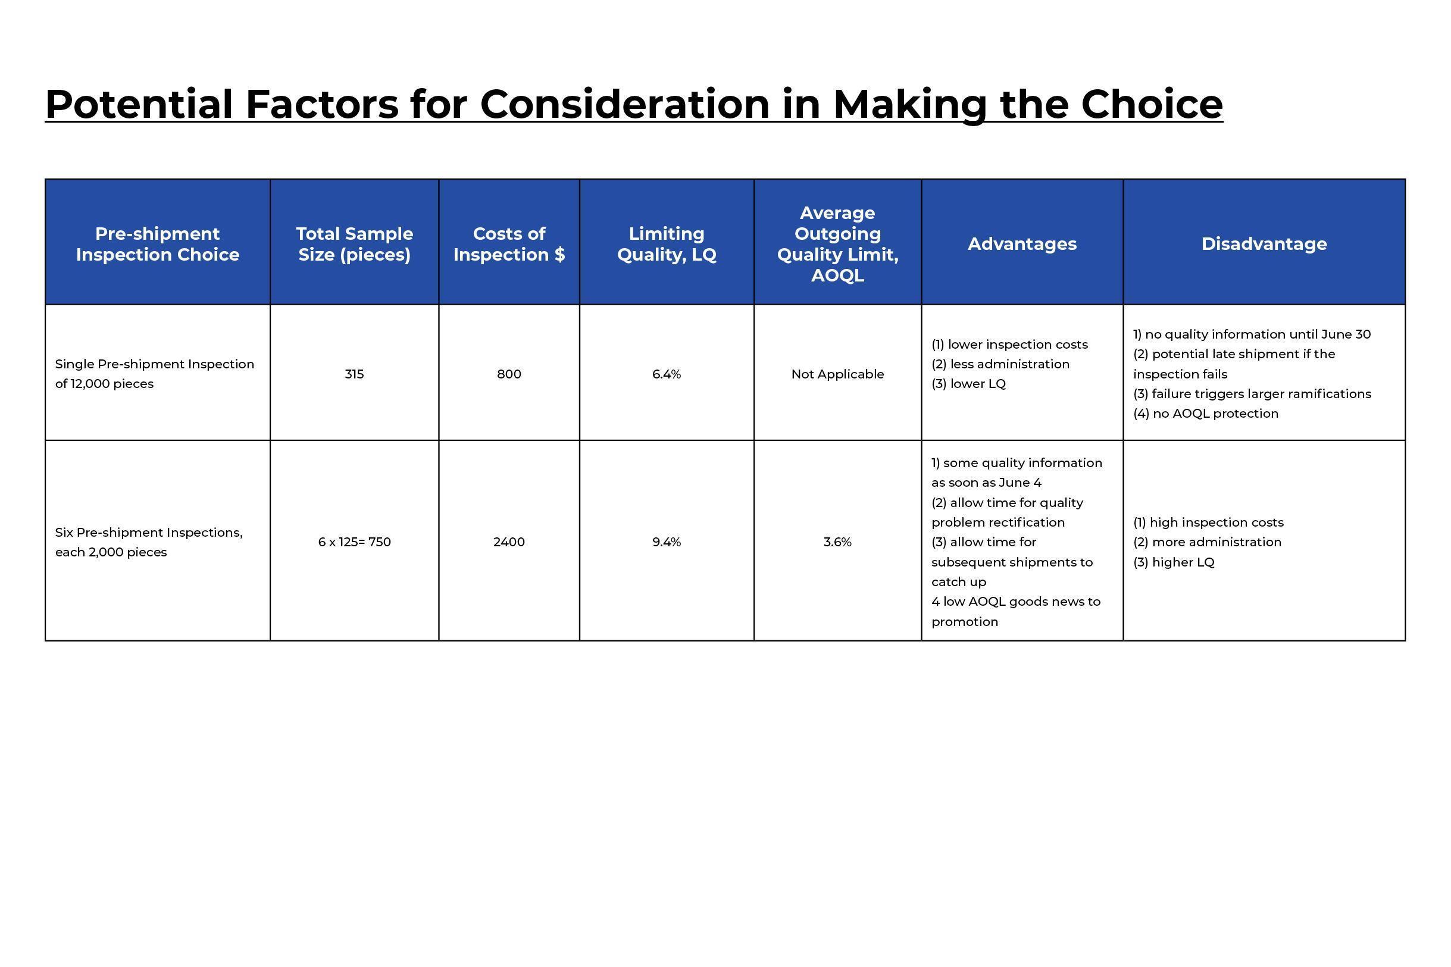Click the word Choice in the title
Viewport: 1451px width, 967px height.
pyautogui.click(x=1151, y=104)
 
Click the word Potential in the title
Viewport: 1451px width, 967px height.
pyautogui.click(x=139, y=104)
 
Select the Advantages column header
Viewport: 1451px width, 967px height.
pyautogui.click(x=1022, y=243)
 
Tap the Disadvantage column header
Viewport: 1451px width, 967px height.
pyautogui.click(x=1264, y=243)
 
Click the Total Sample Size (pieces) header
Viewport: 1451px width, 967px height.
pyautogui.click(x=355, y=243)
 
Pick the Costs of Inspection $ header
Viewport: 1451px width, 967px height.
pyautogui.click(x=509, y=243)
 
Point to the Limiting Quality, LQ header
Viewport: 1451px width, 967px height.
pyautogui.click(x=667, y=243)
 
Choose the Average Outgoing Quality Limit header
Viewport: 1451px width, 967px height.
pyautogui.click(x=837, y=243)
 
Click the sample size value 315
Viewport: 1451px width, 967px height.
pyautogui.click(x=355, y=374)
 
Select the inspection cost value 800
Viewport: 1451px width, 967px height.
pyautogui.click(x=509, y=374)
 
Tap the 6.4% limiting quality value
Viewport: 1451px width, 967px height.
pyautogui.click(x=667, y=374)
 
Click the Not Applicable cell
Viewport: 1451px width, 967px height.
pyautogui.click(x=837, y=374)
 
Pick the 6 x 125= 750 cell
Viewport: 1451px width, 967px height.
pyautogui.click(x=355, y=542)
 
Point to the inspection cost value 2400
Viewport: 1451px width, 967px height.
pyautogui.click(x=509, y=542)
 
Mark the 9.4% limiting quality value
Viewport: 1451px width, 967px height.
pyautogui.click(x=667, y=542)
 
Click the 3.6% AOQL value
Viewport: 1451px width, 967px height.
pyautogui.click(x=837, y=542)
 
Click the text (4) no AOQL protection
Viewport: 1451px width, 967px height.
pyautogui.click(x=1206, y=413)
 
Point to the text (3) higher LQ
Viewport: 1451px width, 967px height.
pyautogui.click(x=1174, y=562)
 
